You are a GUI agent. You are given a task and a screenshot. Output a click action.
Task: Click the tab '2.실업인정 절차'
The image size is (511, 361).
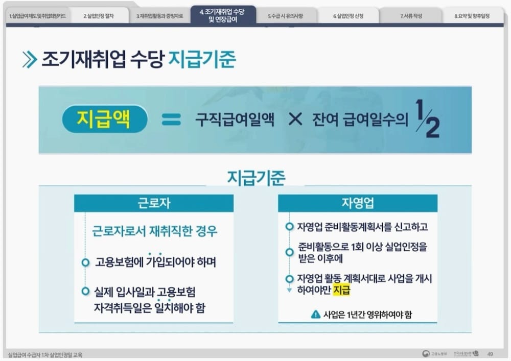click(99, 16)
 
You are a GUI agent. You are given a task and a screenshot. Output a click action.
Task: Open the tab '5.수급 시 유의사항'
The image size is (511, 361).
click(285, 16)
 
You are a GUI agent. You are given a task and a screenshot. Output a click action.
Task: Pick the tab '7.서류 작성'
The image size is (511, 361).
click(411, 16)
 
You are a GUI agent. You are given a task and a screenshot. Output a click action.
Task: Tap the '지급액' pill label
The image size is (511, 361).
click(104, 120)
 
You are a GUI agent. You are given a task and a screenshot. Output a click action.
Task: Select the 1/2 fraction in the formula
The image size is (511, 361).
click(427, 119)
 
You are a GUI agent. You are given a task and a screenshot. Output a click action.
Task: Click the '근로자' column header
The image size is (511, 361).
click(154, 203)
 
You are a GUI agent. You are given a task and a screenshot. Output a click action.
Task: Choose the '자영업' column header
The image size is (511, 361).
click(357, 203)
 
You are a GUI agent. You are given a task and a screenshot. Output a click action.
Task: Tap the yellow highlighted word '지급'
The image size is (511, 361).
click(342, 291)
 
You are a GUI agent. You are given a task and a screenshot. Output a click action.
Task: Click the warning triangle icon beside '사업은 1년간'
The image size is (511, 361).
click(316, 315)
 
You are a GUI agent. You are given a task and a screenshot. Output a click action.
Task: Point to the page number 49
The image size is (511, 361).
click(490, 353)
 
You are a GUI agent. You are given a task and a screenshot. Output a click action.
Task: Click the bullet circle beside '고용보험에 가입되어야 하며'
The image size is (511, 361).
click(85, 262)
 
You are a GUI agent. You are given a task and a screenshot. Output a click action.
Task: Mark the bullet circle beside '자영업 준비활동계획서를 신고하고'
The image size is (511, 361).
click(289, 226)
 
